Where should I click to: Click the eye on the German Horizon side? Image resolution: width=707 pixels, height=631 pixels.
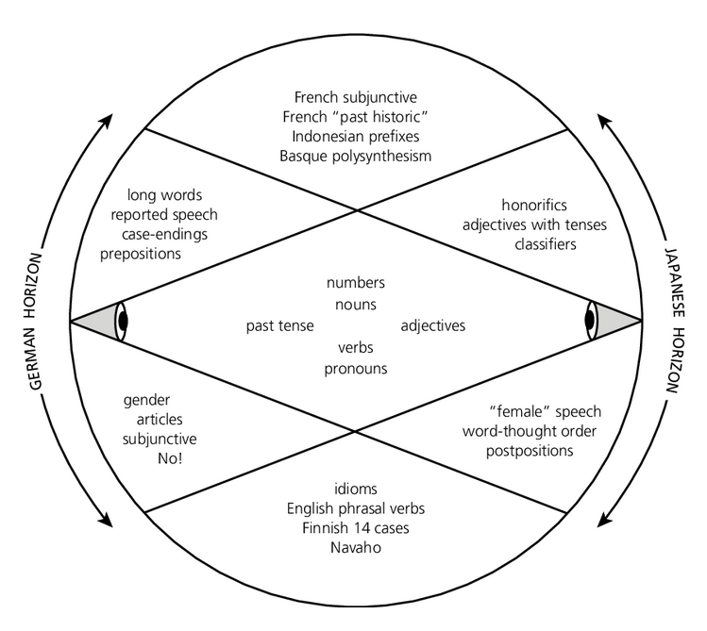[x=121, y=321]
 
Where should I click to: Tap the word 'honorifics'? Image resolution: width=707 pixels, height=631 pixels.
[x=533, y=205]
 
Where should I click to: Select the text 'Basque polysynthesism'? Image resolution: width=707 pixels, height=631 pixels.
[x=355, y=156]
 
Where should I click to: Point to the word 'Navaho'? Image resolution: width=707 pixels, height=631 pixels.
[x=355, y=548]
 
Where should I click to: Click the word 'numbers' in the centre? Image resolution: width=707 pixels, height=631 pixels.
[x=355, y=283]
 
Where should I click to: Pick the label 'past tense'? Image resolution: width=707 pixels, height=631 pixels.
[x=275, y=326]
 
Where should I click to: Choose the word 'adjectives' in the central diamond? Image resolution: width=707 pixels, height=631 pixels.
[x=433, y=326]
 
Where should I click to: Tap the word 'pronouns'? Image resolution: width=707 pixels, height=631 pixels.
[x=355, y=369]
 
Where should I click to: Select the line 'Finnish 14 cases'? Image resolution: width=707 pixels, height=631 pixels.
[x=355, y=528]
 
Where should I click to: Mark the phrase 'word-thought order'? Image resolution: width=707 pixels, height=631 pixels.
[x=530, y=431]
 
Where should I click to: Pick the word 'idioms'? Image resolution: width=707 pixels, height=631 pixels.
[x=355, y=489]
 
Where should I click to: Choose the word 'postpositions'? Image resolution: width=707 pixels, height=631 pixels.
[x=530, y=451]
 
